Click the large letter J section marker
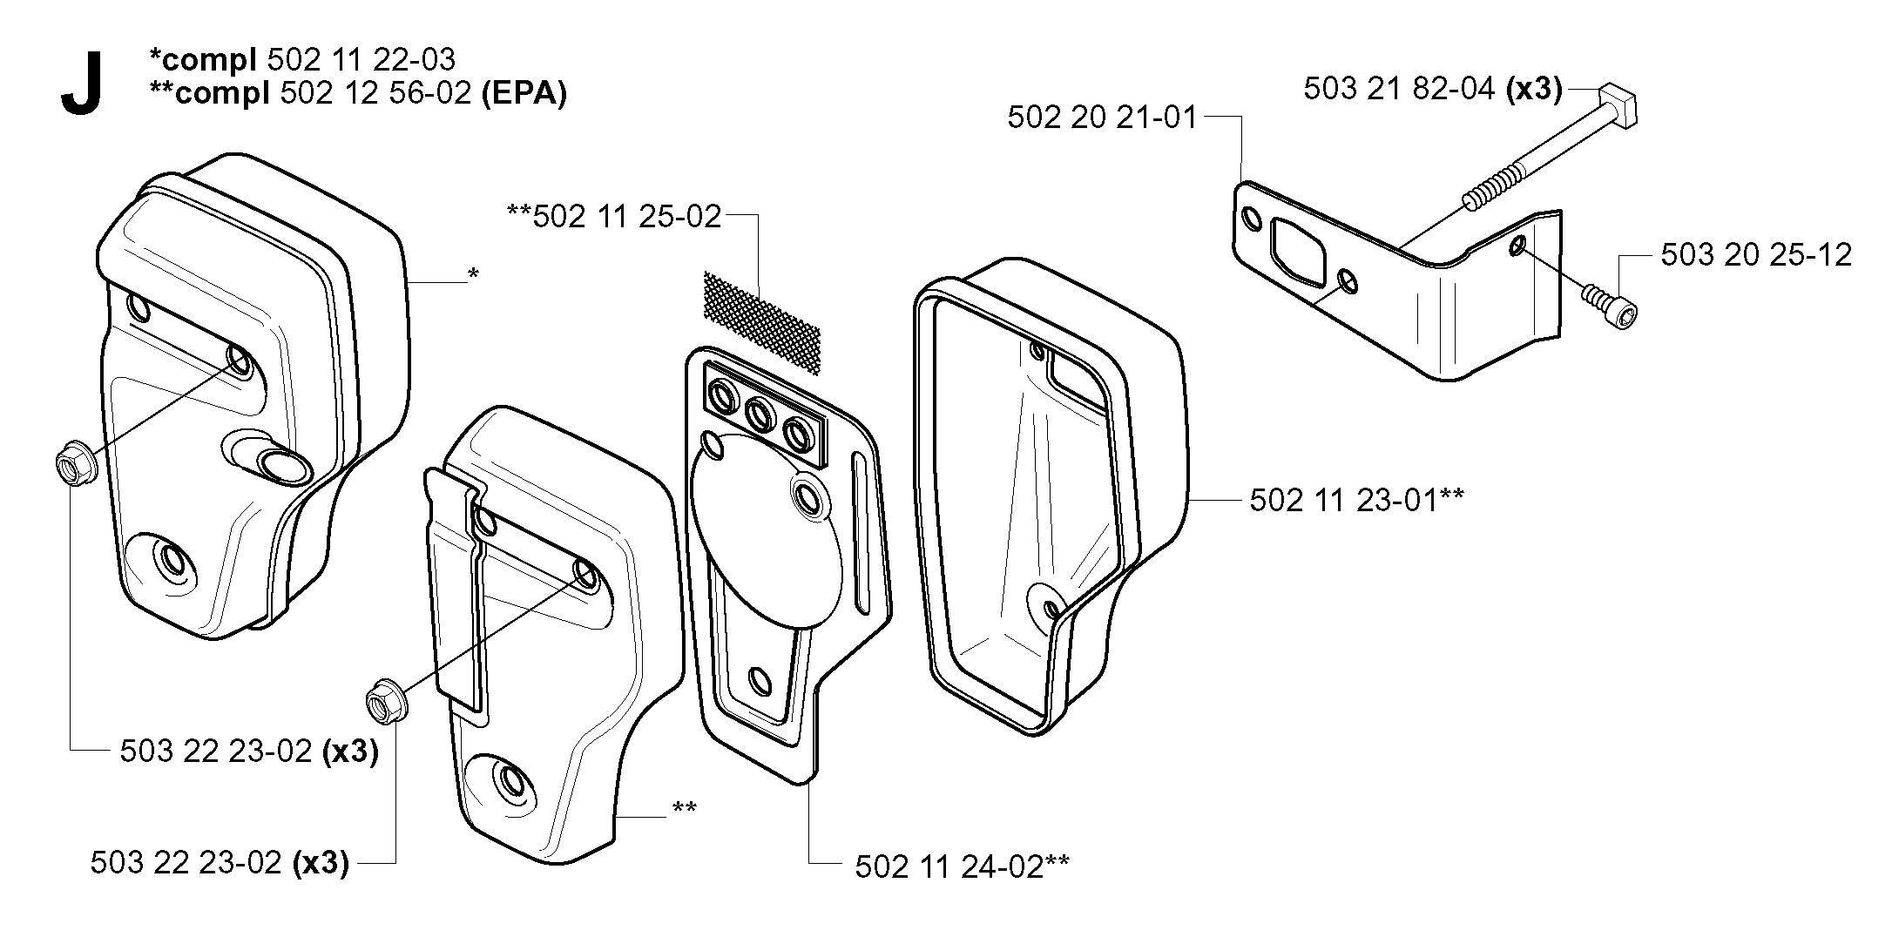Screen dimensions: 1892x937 (83, 84)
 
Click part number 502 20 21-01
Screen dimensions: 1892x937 (1103, 118)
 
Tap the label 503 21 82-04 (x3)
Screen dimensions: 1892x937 (1433, 89)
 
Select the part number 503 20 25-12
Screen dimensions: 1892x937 (1756, 254)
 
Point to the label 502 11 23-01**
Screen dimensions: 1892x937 (1356, 501)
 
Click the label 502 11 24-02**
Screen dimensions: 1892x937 (963, 866)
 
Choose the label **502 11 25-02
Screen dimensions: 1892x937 (615, 217)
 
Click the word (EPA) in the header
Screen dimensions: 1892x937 (524, 93)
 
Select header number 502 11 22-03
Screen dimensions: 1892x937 (362, 59)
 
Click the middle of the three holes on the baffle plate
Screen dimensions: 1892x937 (761, 415)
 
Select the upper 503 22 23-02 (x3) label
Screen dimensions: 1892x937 (249, 751)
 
